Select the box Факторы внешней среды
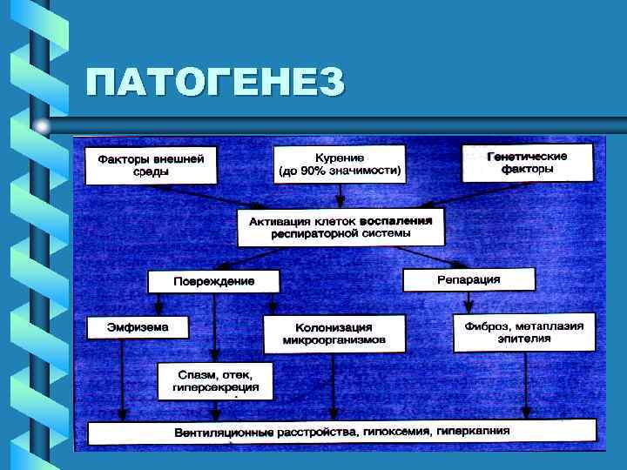[x=151, y=164]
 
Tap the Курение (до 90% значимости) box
[x=340, y=164]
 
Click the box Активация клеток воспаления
[x=340, y=226]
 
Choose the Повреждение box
[x=213, y=281]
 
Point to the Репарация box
[x=469, y=279]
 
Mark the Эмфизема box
[x=138, y=327]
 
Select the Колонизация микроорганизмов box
[x=334, y=333]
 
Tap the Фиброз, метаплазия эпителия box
[x=524, y=332]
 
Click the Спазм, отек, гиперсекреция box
[x=214, y=380]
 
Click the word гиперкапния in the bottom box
[x=474, y=431]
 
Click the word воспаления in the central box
[x=396, y=220]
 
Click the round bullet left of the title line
[x=42, y=127]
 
